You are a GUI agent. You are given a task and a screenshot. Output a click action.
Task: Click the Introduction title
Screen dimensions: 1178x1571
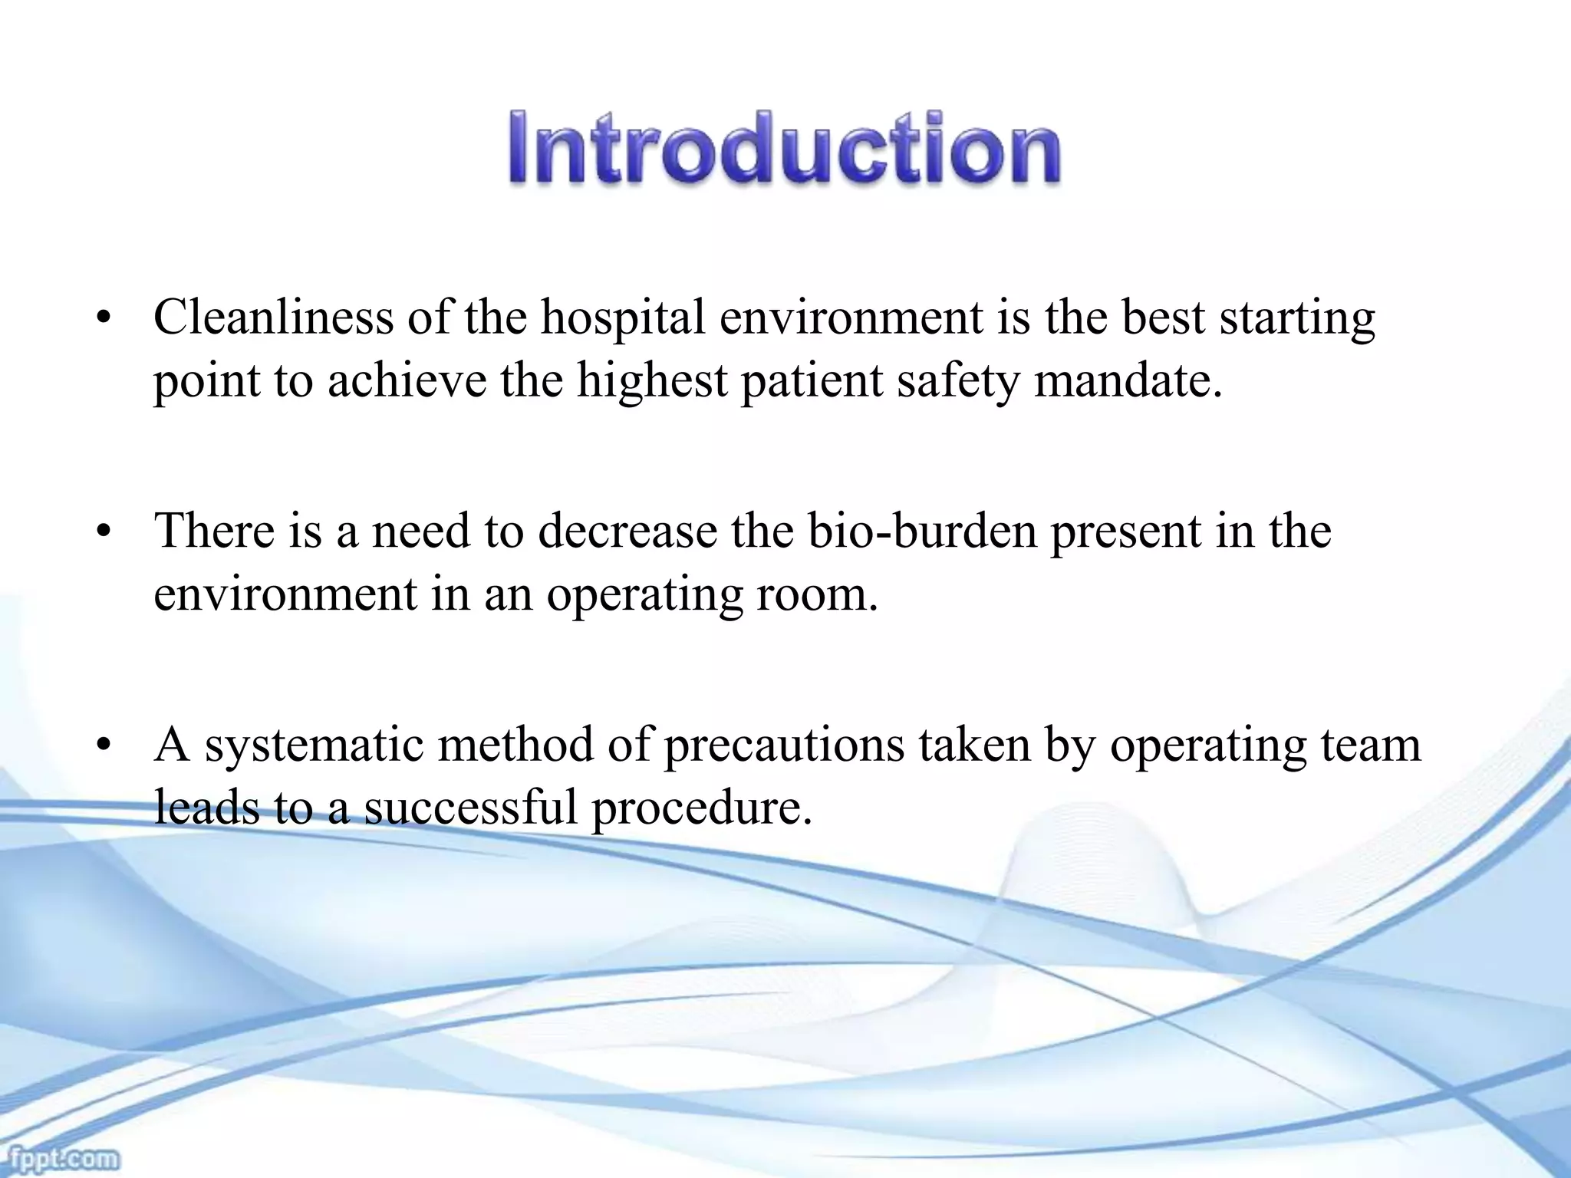click(784, 148)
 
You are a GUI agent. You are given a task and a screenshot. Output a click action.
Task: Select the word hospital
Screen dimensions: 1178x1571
click(622, 318)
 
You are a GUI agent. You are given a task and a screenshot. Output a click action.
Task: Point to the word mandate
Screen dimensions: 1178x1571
click(1127, 380)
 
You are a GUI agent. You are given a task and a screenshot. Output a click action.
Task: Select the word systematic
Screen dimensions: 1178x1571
click(314, 745)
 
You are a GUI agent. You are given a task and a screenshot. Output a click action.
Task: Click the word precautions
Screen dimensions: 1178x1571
click(783, 745)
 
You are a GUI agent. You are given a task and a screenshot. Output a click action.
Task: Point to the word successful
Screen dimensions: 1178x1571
click(470, 807)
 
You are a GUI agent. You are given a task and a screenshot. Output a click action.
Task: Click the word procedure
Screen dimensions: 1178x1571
click(701, 808)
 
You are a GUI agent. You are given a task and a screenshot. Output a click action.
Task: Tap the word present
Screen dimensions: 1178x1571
click(1124, 532)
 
